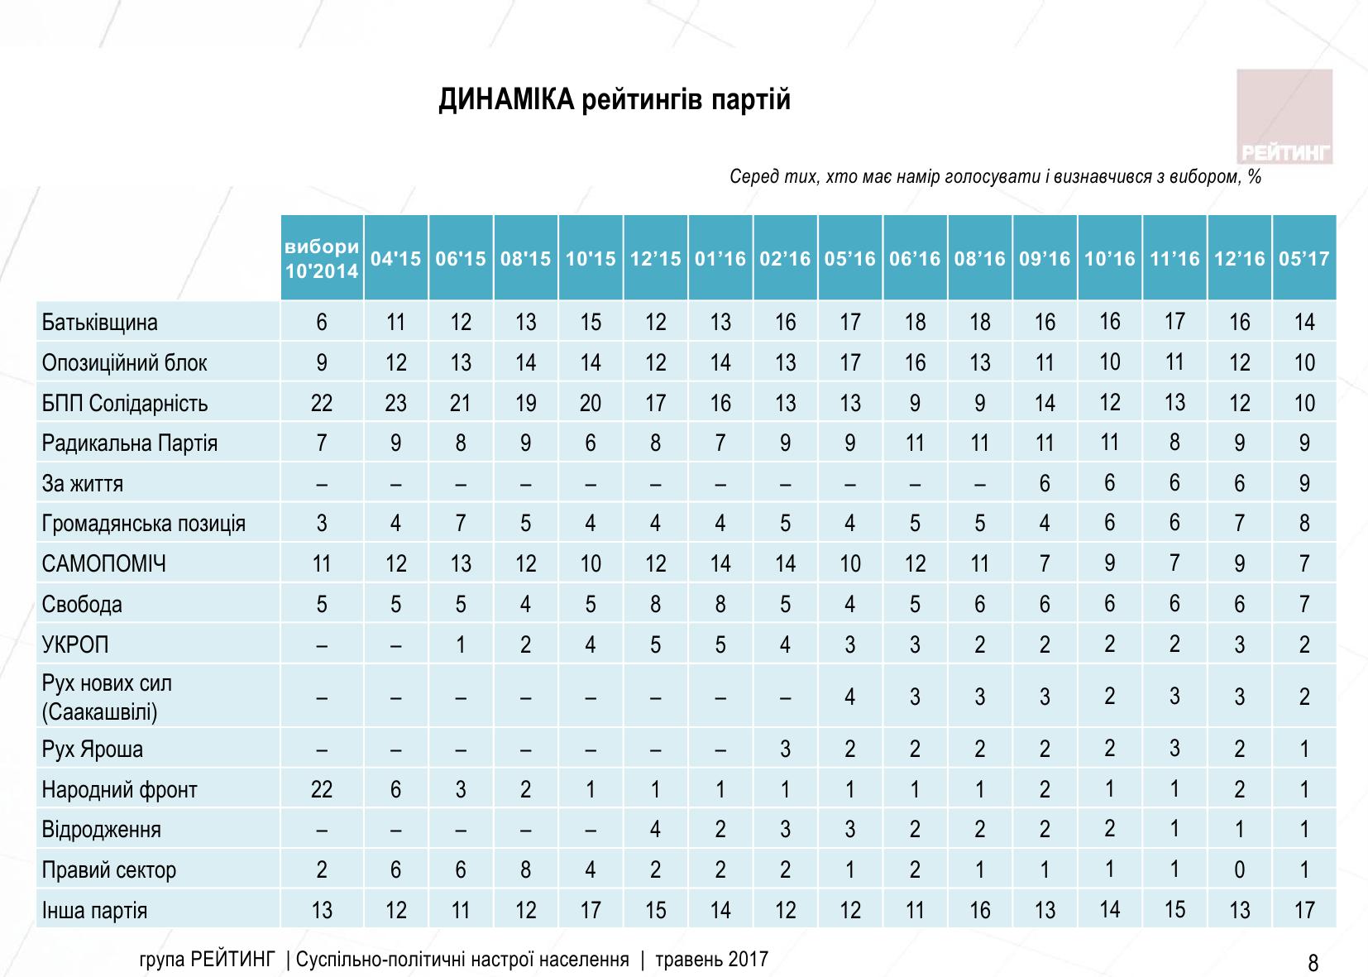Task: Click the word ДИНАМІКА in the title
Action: (x=505, y=100)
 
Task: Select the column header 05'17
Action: (x=1303, y=259)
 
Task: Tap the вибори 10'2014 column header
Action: (x=322, y=259)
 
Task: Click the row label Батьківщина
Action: (x=100, y=322)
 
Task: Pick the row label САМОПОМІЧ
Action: (x=104, y=564)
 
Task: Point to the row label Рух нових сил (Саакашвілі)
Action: (x=108, y=697)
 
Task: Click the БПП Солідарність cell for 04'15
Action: (x=396, y=403)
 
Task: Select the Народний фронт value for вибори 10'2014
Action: (x=322, y=790)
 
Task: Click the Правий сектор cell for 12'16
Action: (x=1239, y=870)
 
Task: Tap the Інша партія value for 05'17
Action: (x=1304, y=911)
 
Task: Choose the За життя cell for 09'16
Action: (x=1045, y=484)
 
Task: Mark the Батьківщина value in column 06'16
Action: (x=915, y=322)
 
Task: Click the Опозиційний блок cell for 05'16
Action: (x=850, y=362)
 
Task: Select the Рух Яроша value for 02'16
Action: (x=785, y=750)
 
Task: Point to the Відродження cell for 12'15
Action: (x=655, y=830)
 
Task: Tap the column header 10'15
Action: (x=591, y=259)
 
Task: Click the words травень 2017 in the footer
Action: (x=711, y=960)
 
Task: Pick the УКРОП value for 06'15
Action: (x=461, y=644)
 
